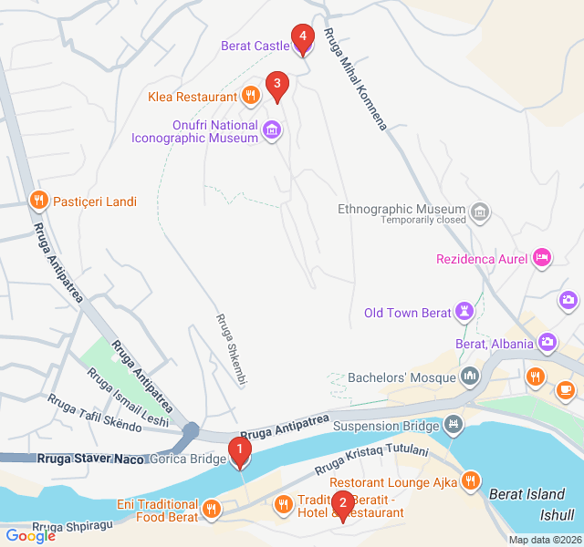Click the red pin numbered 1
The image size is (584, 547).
click(x=240, y=450)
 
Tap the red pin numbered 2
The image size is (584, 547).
click(x=342, y=504)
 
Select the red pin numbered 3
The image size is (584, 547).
click(x=277, y=86)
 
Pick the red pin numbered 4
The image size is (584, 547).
click(x=303, y=39)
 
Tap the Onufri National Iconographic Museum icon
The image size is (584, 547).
click(x=271, y=130)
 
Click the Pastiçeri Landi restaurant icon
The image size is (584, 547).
click(x=37, y=200)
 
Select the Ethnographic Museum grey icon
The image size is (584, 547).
click(x=480, y=214)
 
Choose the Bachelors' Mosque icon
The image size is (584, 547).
click(x=471, y=376)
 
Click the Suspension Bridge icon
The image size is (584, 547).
click(x=454, y=425)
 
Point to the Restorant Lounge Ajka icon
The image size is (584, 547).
click(x=471, y=480)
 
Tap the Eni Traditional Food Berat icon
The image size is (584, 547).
click(x=212, y=509)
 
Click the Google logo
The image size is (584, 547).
click(x=29, y=535)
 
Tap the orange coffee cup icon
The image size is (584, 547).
click(x=566, y=389)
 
